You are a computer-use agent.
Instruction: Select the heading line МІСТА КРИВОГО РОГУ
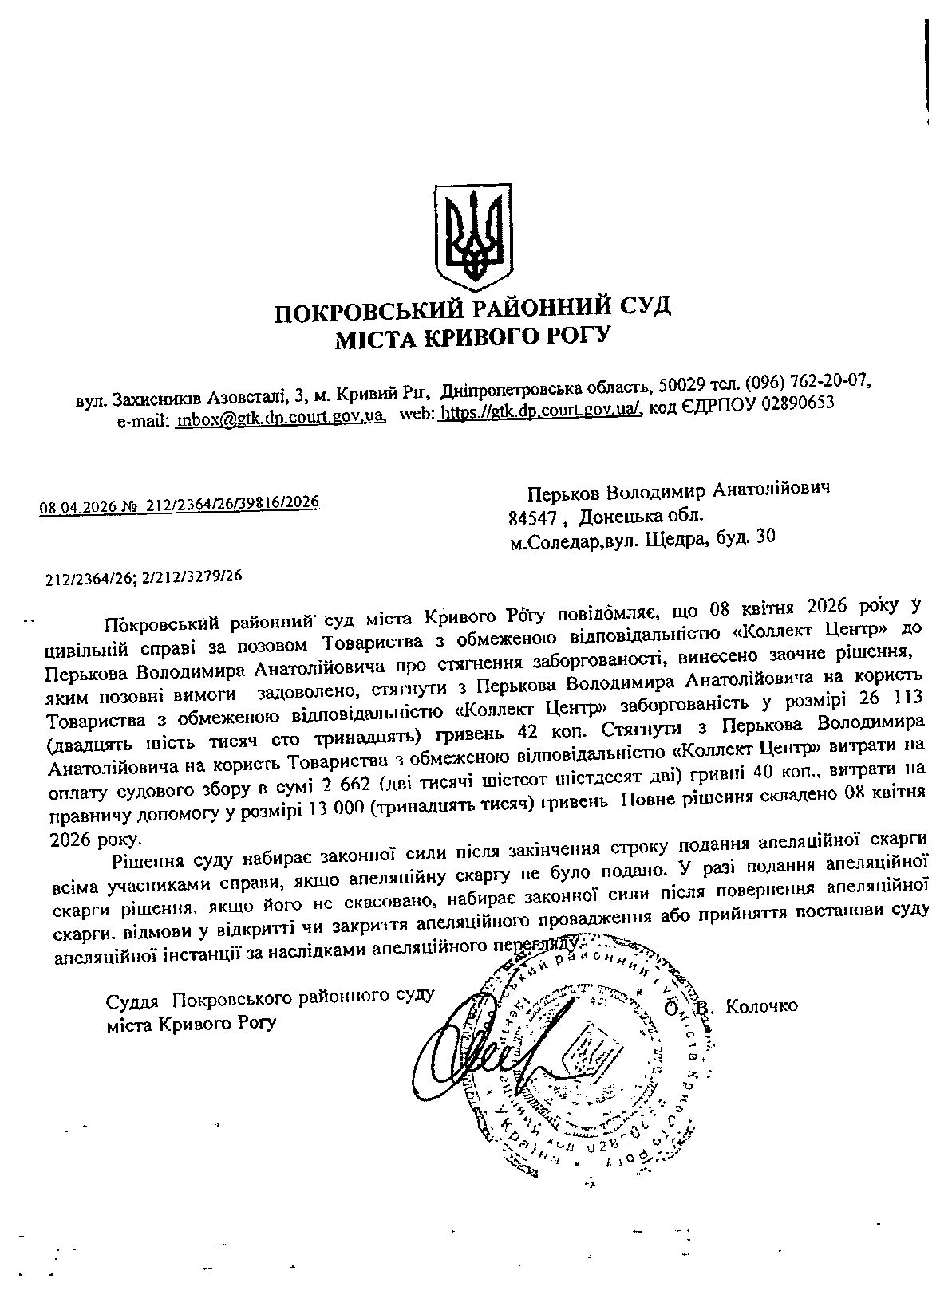472,337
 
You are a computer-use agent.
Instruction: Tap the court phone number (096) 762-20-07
807,380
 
